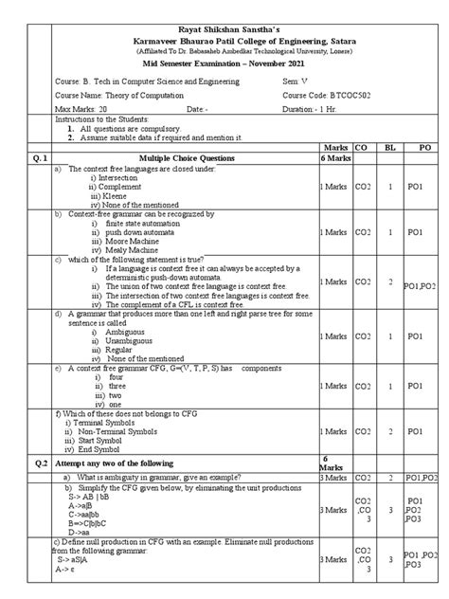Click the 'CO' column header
361,149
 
